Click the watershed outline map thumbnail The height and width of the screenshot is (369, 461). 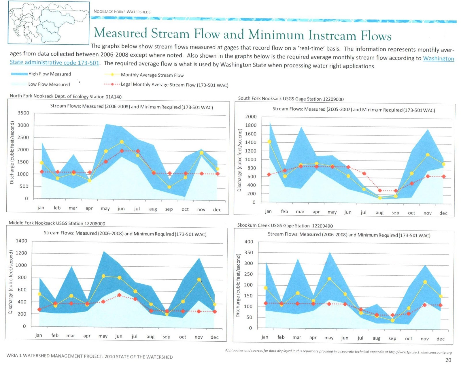[48, 23]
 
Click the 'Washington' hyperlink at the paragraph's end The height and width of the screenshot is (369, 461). [438, 59]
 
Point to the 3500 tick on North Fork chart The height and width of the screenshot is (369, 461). [23, 113]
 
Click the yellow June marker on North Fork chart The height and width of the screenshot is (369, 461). [122, 142]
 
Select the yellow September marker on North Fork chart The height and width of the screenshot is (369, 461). [169, 187]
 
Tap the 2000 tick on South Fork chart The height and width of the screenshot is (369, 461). [251, 117]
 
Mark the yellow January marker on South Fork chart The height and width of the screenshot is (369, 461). [269, 142]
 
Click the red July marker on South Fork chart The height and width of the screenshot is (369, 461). [364, 174]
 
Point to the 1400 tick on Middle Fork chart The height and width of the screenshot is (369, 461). [21, 241]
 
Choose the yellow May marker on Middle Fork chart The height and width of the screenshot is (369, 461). [104, 276]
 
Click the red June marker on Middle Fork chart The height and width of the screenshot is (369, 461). [119, 295]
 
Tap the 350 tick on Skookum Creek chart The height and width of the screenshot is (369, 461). [249, 253]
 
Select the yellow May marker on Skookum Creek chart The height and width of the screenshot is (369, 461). [329, 279]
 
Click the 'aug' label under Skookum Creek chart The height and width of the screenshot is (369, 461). [376, 338]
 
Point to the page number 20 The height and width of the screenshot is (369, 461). [448, 360]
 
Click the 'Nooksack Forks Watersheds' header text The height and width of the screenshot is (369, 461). [122, 12]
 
